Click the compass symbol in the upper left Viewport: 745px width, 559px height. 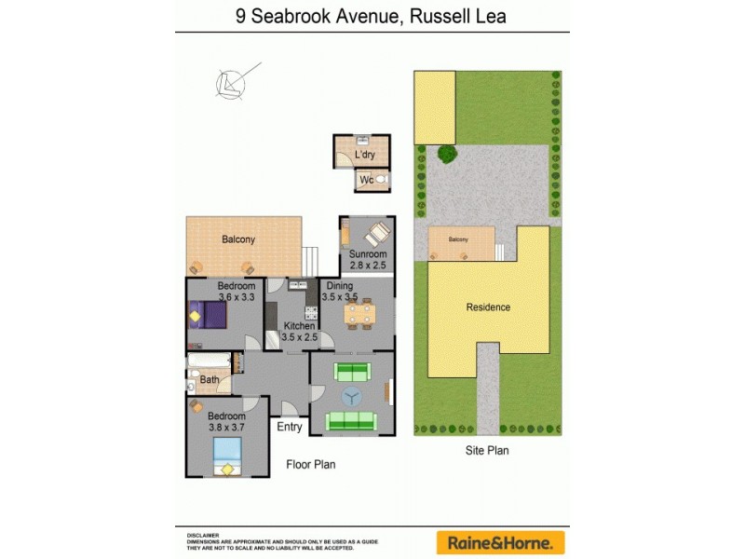229,83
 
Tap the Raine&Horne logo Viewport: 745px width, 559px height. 501,541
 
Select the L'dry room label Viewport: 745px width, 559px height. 364,156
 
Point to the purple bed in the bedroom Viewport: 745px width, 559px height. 210,315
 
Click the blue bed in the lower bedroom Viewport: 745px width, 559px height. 227,457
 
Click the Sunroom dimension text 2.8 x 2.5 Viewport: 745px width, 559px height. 367,265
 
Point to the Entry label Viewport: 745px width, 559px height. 290,427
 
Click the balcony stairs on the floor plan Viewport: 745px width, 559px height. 311,256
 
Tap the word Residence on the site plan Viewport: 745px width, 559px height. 488,307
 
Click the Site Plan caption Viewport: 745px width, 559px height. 487,450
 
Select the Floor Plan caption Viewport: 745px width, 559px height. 310,464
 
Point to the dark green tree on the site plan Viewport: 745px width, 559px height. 447,154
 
